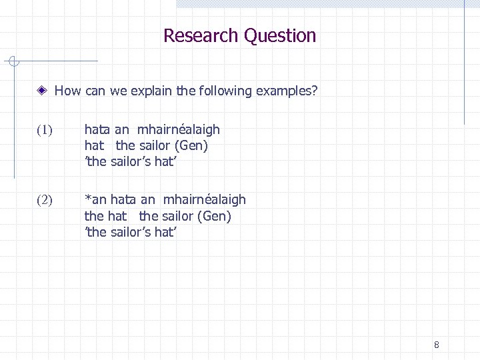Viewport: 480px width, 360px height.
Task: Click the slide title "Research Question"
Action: [239, 35]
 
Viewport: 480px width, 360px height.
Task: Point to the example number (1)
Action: [45, 130]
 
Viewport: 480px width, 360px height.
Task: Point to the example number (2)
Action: [45, 200]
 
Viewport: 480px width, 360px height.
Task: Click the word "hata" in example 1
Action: [97, 129]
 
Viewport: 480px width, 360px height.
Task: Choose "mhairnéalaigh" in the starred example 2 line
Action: [204, 199]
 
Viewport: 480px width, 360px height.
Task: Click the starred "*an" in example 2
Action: [96, 199]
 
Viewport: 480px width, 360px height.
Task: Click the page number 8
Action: [436, 345]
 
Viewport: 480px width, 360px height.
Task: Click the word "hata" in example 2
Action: [123, 199]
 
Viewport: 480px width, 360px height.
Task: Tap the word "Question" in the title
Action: [280, 35]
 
